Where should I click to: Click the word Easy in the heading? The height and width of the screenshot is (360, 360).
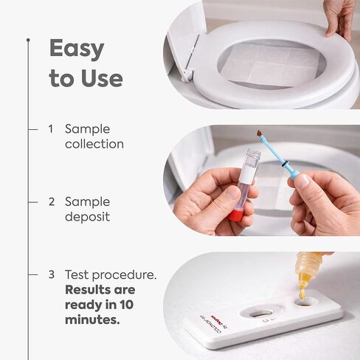click(x=77, y=50)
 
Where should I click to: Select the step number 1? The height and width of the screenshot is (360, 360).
click(x=51, y=129)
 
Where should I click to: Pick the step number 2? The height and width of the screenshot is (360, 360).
click(x=52, y=201)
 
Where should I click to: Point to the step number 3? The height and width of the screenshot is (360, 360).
click(x=52, y=274)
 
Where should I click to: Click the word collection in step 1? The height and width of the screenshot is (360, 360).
click(x=94, y=144)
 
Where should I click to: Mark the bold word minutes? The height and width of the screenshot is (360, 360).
click(x=92, y=320)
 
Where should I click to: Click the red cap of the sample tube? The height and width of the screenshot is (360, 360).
click(x=235, y=215)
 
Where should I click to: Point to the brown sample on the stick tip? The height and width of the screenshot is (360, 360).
click(x=260, y=134)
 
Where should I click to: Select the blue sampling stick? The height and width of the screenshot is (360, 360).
click(x=277, y=156)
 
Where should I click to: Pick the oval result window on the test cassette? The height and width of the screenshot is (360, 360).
click(x=260, y=314)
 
